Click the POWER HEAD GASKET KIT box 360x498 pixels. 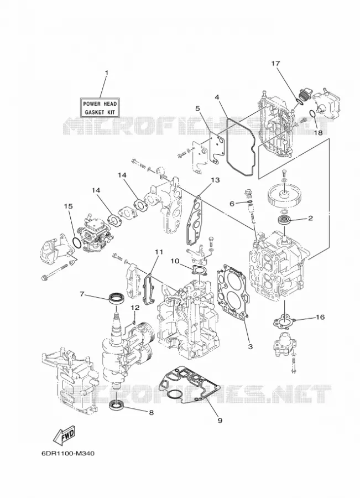point(100,108)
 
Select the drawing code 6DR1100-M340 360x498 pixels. point(68,453)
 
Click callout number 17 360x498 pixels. point(275,64)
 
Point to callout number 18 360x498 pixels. point(318,132)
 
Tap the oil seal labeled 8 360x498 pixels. point(117,405)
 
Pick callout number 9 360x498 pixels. point(220,420)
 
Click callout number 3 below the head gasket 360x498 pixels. point(250,346)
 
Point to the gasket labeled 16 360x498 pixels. point(284,321)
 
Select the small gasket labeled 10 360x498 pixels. point(199,270)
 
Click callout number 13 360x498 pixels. point(215,180)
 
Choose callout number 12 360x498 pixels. point(135,308)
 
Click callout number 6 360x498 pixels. point(232,204)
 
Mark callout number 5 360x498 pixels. point(198,108)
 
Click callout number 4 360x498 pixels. point(217,97)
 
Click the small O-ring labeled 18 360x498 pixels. point(312,114)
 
